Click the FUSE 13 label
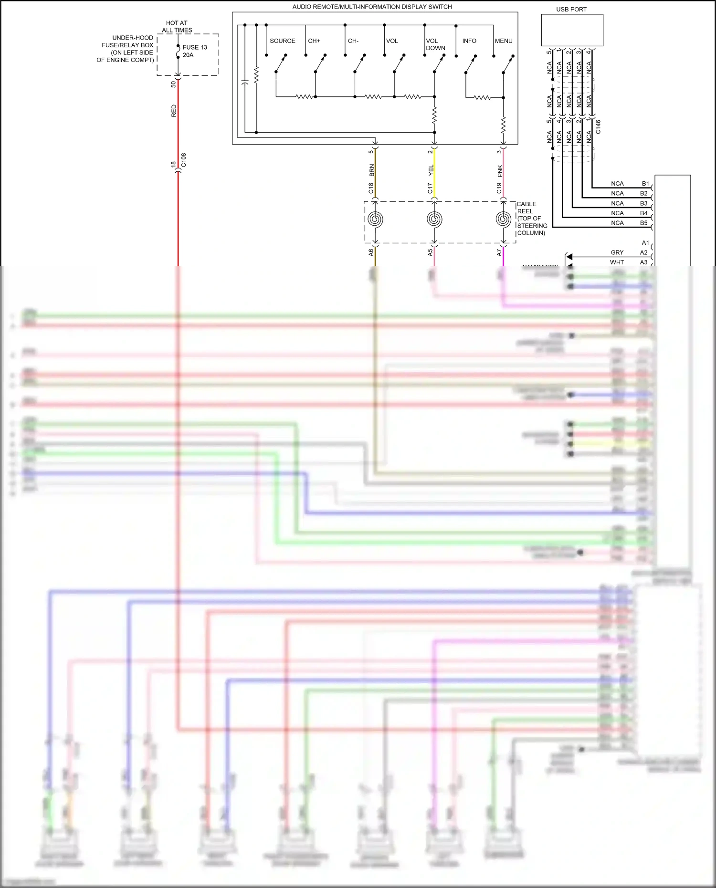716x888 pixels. [x=195, y=47]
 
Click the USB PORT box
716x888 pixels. [x=572, y=30]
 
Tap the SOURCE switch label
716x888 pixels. [x=282, y=41]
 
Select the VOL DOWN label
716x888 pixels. [x=435, y=44]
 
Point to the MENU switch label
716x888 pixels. [x=504, y=41]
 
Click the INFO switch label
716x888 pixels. [x=469, y=41]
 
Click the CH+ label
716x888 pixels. [x=314, y=41]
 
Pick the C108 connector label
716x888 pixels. [x=184, y=160]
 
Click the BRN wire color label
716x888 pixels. [x=372, y=170]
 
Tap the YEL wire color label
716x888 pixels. [x=431, y=170]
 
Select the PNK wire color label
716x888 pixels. [x=500, y=170]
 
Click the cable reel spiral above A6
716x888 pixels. [x=375, y=219]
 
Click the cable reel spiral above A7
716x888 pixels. [x=503, y=219]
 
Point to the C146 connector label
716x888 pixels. [x=598, y=126]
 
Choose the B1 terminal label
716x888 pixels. [x=645, y=184]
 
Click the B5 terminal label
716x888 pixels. [x=643, y=223]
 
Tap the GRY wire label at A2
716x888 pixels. [x=617, y=252]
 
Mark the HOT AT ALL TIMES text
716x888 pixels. [x=177, y=26]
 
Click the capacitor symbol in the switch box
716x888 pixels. [x=244, y=83]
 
